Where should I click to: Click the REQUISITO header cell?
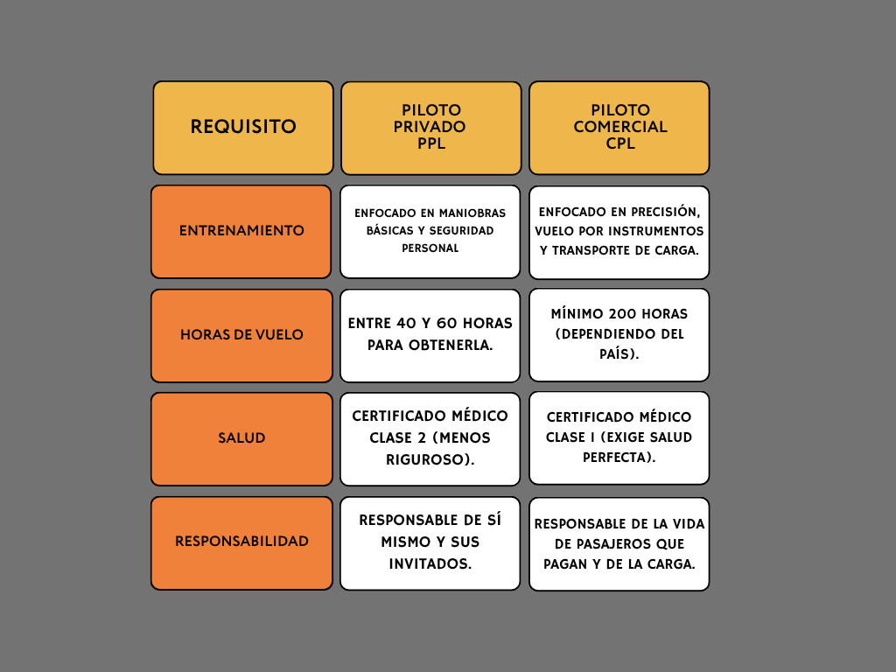243,128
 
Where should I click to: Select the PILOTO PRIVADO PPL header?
430,128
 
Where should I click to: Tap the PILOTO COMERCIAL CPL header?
619,128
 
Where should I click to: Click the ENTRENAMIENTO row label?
241,231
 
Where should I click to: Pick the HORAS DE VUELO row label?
241,335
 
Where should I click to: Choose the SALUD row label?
241,438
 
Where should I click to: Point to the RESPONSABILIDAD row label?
241,542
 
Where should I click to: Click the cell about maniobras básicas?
430,231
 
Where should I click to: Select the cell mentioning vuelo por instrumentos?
619,231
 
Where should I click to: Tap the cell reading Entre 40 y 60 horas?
430,334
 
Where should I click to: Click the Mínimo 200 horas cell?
619,334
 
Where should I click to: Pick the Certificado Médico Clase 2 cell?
430,437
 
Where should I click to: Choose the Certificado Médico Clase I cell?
619,437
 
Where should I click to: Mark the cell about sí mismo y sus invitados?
430,542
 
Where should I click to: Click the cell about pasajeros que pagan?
619,543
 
